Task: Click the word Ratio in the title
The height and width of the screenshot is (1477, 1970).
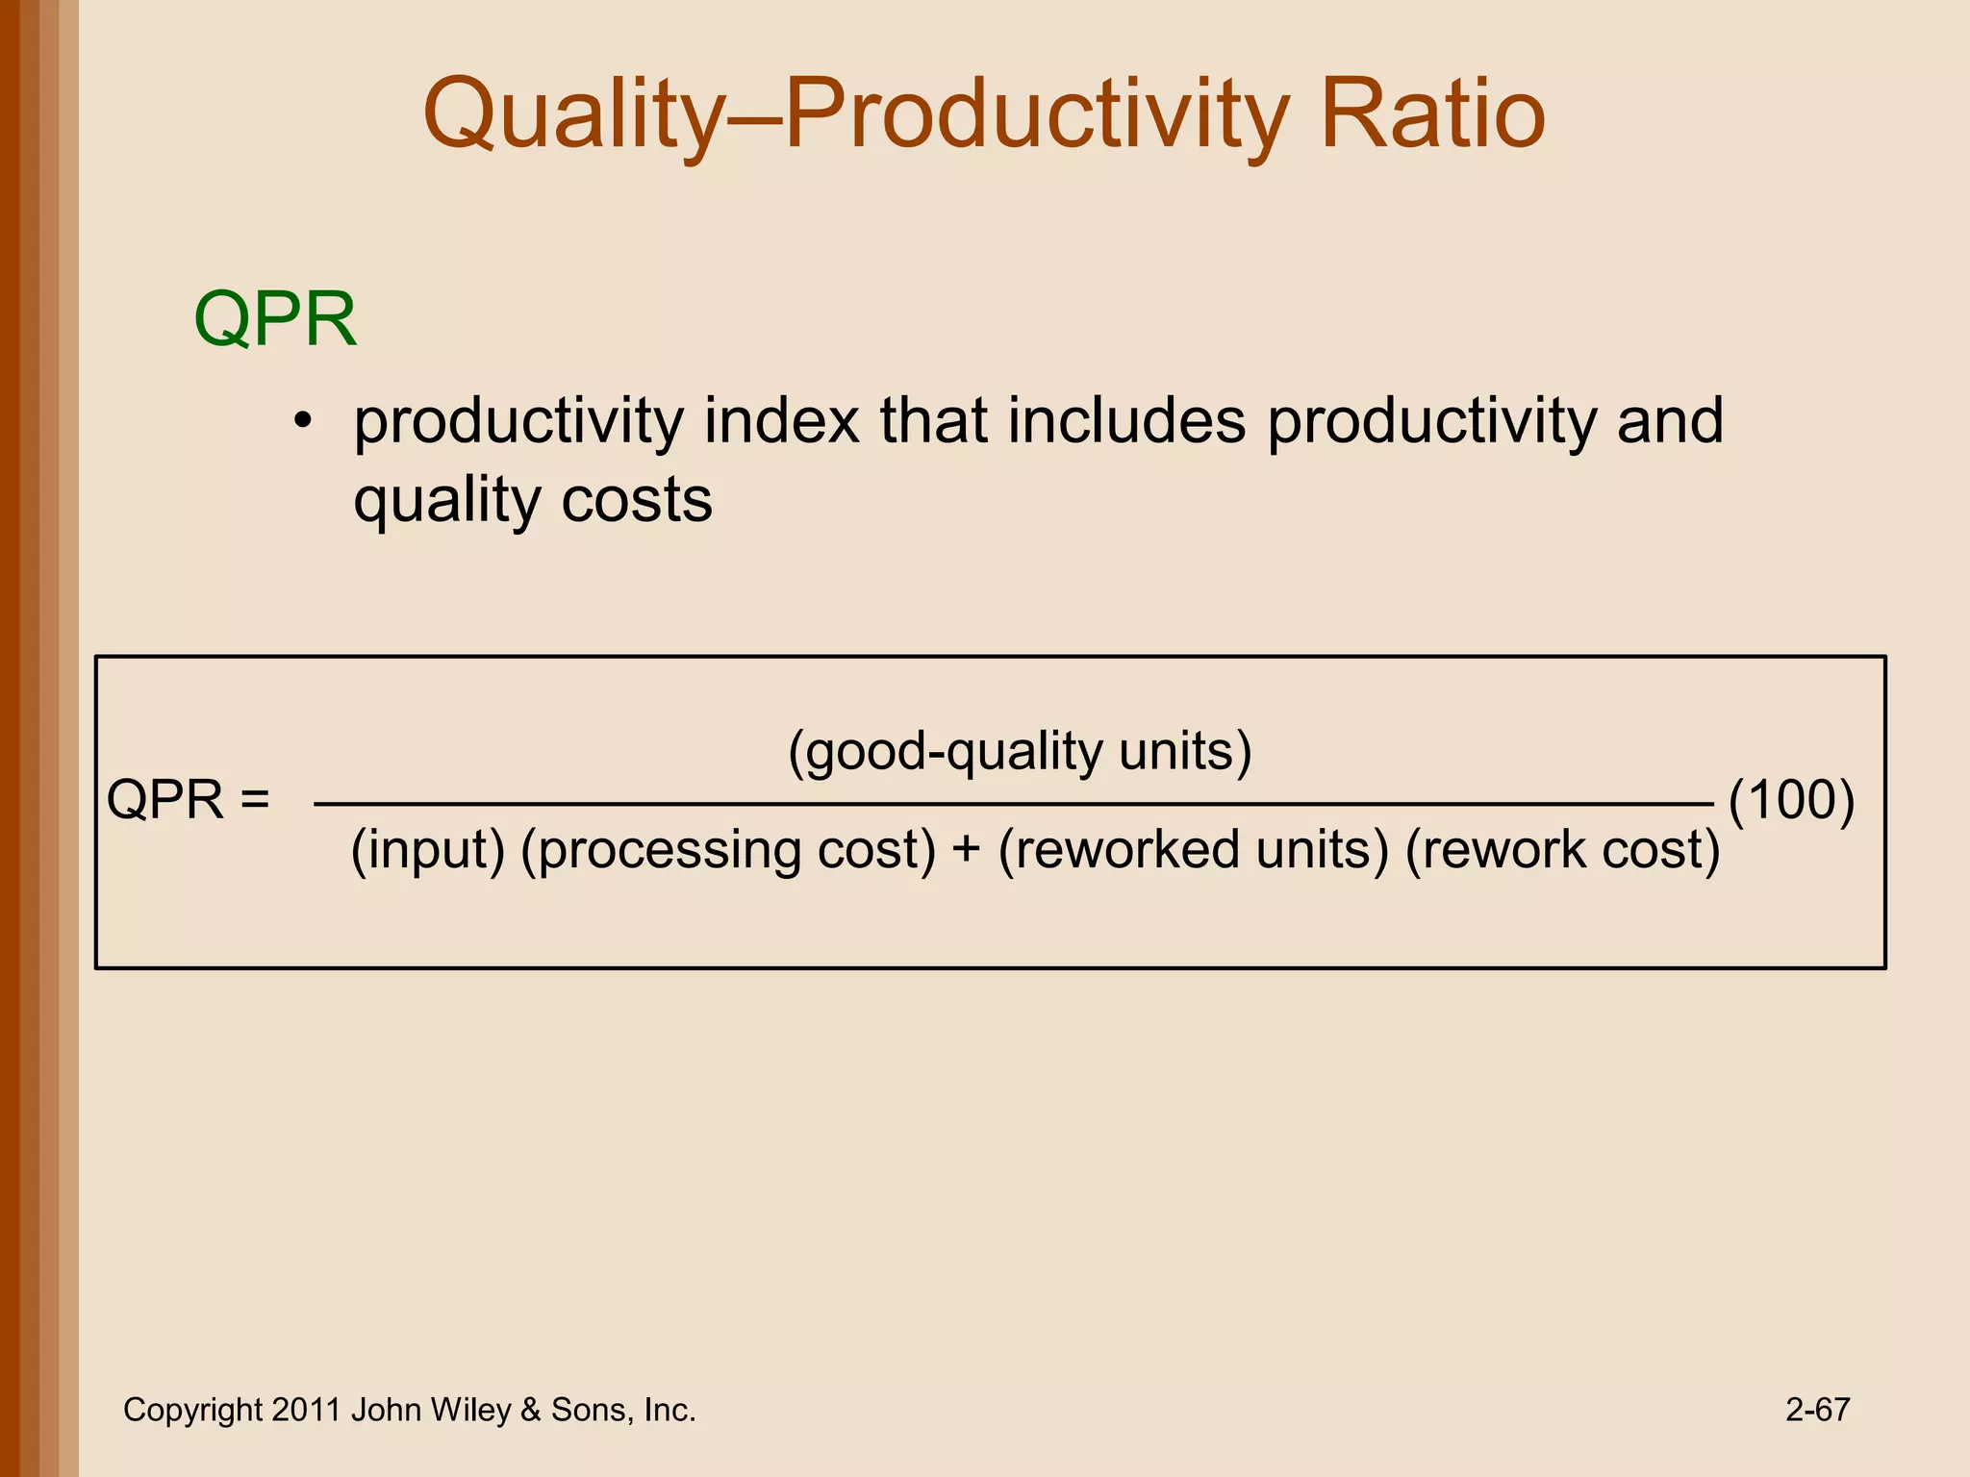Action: [1432, 115]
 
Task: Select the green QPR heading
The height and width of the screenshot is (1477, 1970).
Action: [275, 319]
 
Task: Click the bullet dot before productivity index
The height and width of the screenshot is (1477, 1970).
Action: [304, 422]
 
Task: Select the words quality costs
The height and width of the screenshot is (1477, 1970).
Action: [533, 501]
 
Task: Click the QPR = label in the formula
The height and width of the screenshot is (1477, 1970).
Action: [188, 800]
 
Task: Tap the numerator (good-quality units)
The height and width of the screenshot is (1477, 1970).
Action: [1020, 751]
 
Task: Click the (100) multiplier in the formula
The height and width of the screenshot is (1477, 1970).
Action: [1791, 800]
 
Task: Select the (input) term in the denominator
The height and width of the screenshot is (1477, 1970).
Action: [427, 850]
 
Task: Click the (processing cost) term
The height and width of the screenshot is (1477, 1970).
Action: [728, 850]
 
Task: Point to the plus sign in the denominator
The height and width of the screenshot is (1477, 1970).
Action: [967, 850]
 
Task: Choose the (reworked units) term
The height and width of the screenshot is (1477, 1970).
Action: [1194, 850]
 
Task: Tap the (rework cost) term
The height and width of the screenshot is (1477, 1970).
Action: [1562, 850]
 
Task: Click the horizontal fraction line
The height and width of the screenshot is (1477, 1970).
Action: [1010, 803]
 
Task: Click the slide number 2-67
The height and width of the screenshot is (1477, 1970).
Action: [1817, 1411]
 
